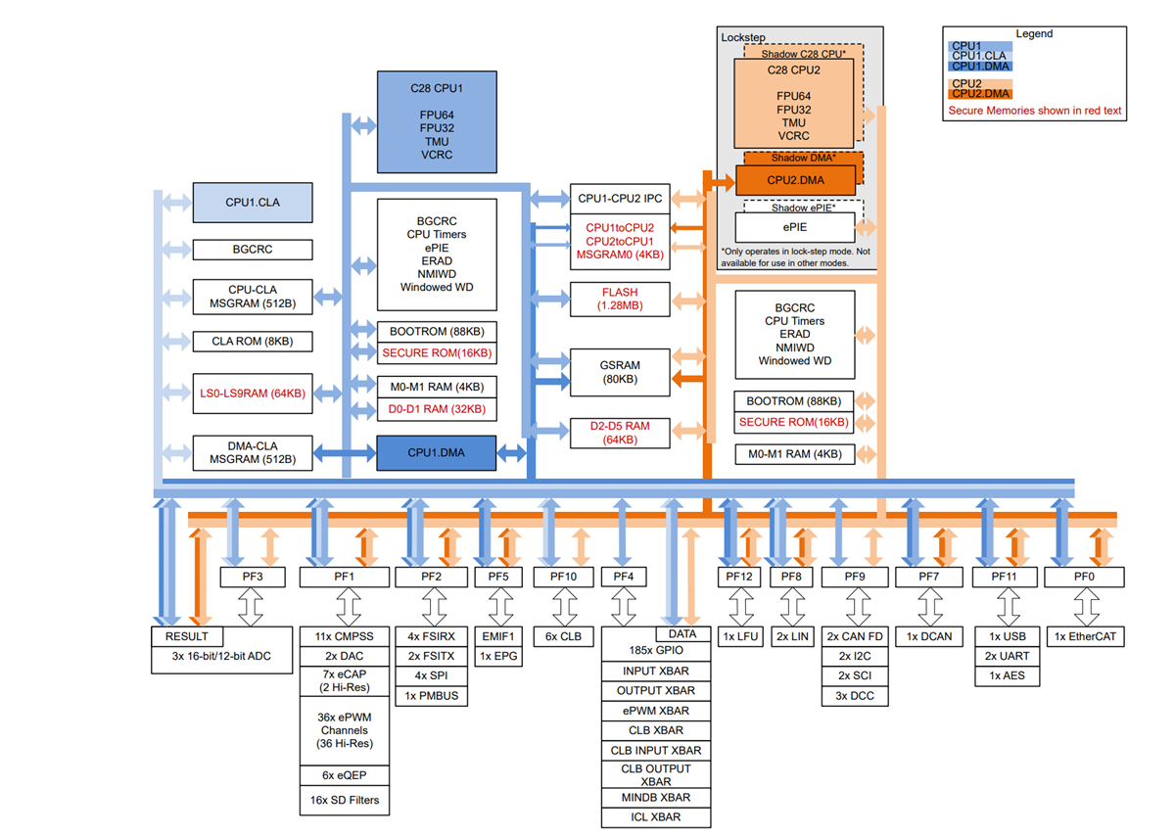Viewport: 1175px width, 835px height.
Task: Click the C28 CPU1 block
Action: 437,121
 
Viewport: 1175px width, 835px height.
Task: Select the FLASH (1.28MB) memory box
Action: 620,299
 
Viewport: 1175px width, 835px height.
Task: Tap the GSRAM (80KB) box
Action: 620,372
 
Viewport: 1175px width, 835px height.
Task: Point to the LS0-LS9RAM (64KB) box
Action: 252,394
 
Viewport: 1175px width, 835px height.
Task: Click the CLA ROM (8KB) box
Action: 252,342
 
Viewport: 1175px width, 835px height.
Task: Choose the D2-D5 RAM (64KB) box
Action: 620,434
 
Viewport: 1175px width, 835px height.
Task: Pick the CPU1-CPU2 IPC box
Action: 620,199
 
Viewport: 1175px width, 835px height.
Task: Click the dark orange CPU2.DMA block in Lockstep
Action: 795,180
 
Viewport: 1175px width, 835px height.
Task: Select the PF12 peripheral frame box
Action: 739,577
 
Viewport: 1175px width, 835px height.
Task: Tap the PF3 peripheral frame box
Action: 253,577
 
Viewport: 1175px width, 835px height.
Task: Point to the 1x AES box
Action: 1008,675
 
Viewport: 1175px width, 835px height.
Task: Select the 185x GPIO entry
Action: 655,650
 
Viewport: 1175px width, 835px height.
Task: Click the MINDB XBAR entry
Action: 655,798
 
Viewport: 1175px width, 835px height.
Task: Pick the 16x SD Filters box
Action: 344,800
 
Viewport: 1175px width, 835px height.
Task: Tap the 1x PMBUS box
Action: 431,696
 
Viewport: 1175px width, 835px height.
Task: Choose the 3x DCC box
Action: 855,696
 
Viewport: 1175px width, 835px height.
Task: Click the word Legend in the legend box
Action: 1034,33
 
